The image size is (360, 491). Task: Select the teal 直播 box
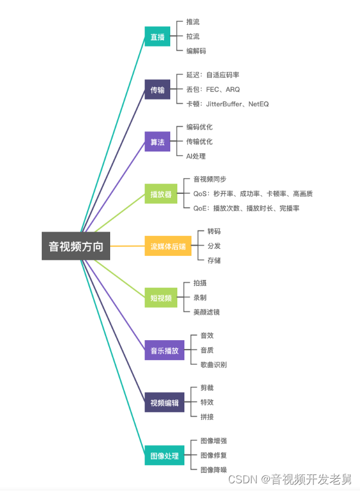tap(157, 37)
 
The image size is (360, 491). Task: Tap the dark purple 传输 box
tap(157, 90)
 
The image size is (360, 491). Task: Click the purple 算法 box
tap(157, 141)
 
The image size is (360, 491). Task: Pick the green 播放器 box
tap(161, 193)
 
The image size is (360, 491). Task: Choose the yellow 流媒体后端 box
tap(168, 246)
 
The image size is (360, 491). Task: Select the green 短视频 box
tap(161, 298)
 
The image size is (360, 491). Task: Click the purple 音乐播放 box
tap(164, 350)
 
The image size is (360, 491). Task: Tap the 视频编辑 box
tap(164, 403)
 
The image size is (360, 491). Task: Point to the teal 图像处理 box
tap(164, 455)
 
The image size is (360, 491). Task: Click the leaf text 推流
tap(193, 22)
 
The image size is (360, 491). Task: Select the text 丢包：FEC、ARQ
tap(213, 90)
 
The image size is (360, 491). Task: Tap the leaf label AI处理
tap(196, 156)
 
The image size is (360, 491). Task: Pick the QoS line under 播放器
tap(253, 193)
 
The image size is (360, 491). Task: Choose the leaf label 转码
tap(214, 231)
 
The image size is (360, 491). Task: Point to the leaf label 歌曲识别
tap(213, 365)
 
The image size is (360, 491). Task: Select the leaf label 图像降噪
tap(213, 470)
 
